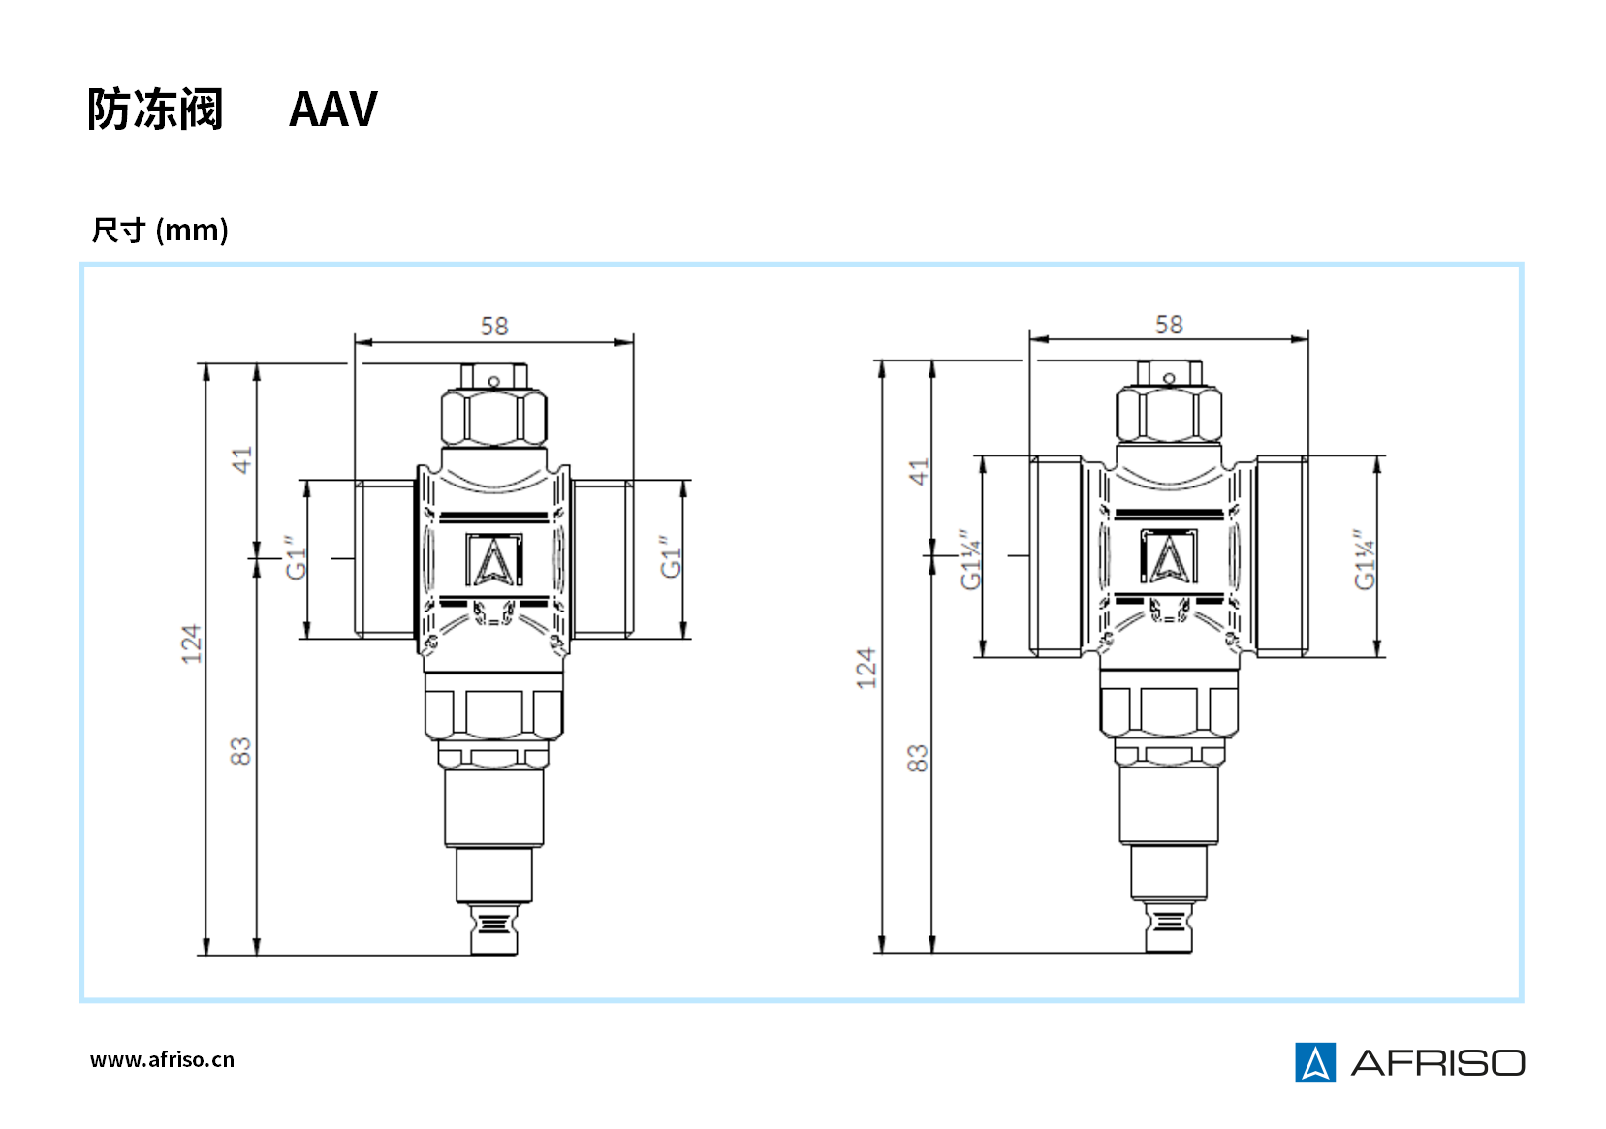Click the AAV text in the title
(x=332, y=109)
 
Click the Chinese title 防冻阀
(x=155, y=109)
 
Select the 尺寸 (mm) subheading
(x=160, y=231)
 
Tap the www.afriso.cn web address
(x=162, y=1059)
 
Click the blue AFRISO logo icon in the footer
(x=1314, y=1062)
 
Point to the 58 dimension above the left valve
(x=494, y=327)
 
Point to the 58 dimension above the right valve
(x=1169, y=325)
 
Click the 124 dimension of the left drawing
(x=191, y=643)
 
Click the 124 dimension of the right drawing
(x=866, y=668)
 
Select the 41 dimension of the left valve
(x=241, y=459)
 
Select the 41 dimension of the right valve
(x=918, y=472)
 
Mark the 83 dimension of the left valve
(x=240, y=751)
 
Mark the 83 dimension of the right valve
(x=917, y=758)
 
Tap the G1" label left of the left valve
(x=295, y=557)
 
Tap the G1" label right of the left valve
(x=670, y=557)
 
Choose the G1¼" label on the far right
(x=1364, y=560)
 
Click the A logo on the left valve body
(x=494, y=560)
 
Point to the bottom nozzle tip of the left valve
(x=494, y=930)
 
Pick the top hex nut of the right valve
(x=1169, y=415)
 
